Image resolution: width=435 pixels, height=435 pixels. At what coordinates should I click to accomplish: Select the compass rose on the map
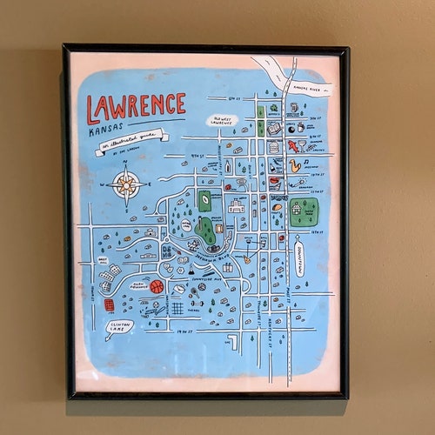point(127,184)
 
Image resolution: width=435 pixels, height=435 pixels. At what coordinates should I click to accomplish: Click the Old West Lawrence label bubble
point(222,121)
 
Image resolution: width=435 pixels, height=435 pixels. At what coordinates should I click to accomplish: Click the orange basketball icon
point(157,285)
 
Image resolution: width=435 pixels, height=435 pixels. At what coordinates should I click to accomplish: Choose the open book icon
point(274,129)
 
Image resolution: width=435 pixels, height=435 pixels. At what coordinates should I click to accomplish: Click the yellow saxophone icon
point(295,163)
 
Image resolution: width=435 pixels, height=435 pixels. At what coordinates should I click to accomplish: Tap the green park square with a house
point(303,211)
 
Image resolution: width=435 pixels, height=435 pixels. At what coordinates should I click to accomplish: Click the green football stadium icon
point(204,200)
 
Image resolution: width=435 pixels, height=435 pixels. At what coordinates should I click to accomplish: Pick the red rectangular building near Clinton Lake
point(109,305)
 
